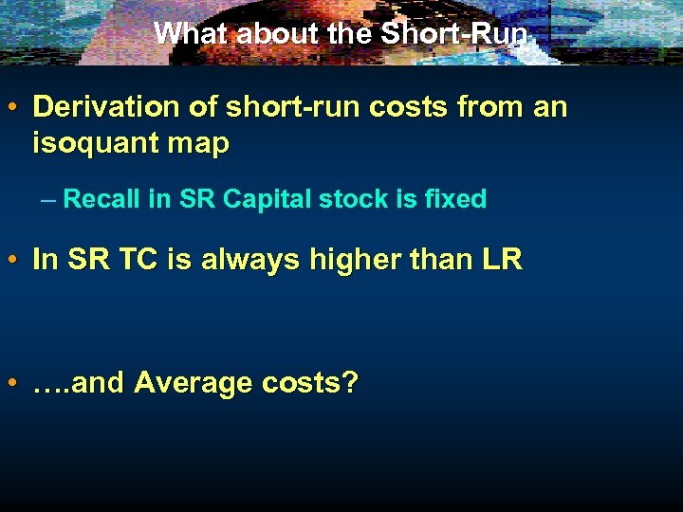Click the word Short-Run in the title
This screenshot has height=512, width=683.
[x=454, y=33]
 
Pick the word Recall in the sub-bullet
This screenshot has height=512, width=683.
[x=103, y=199]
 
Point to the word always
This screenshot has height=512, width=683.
[x=244, y=261]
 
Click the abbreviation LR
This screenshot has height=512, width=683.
[x=503, y=260]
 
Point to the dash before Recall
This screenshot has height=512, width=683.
[x=48, y=200]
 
